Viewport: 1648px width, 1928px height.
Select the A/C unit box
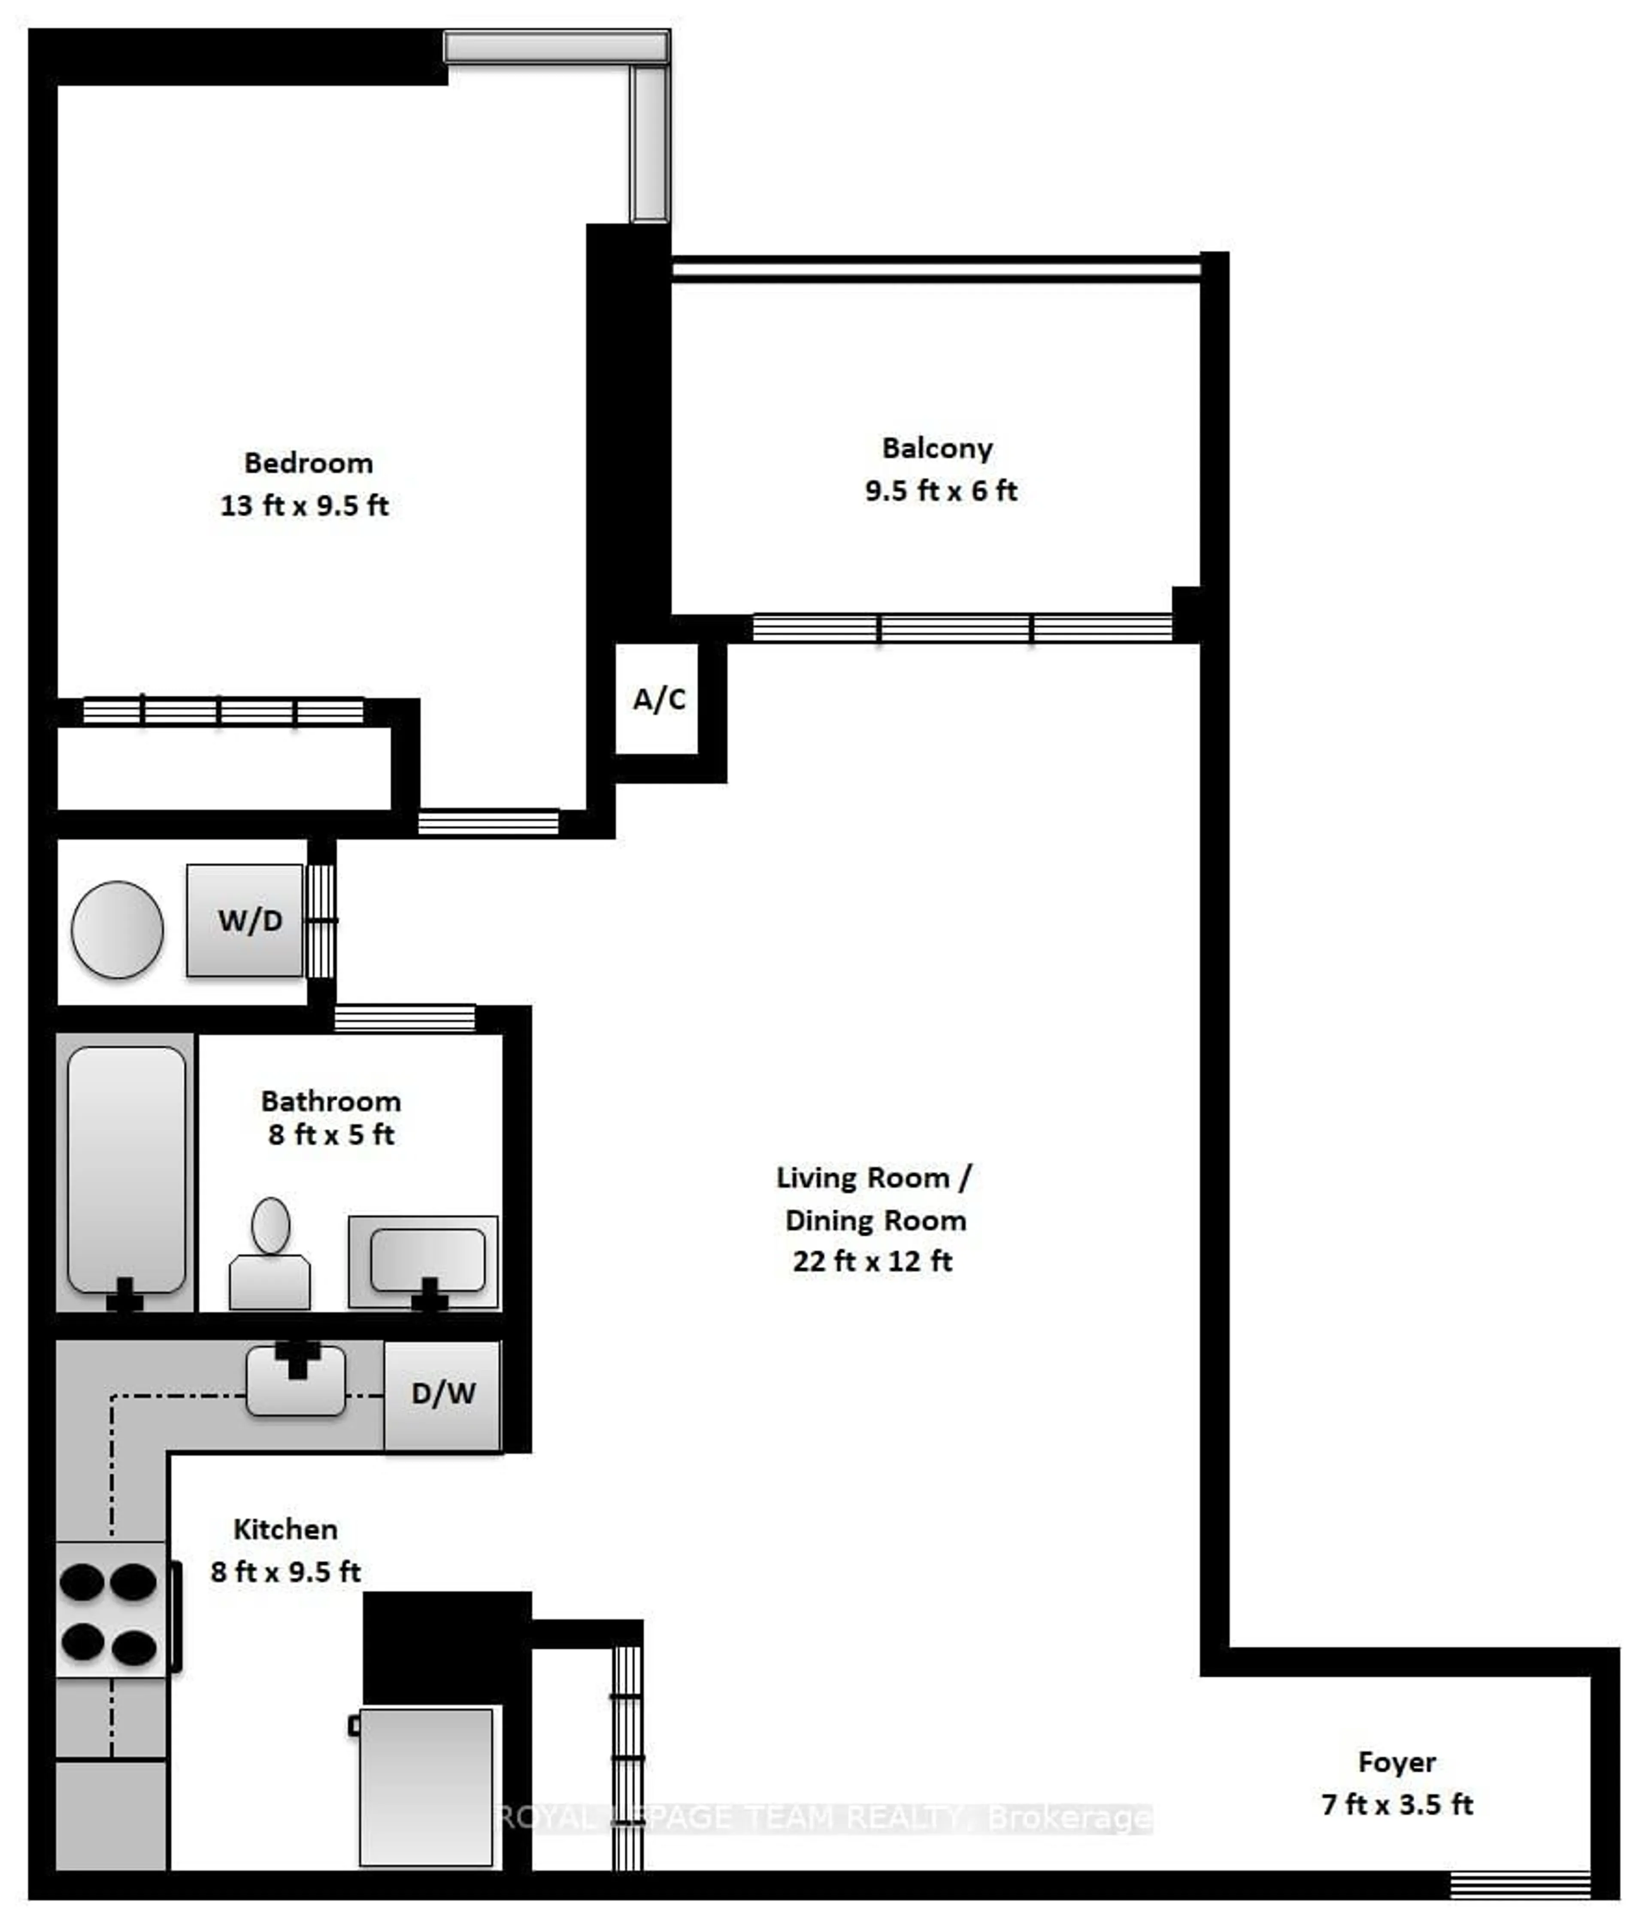[657, 699]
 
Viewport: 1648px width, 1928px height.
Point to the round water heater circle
[117, 930]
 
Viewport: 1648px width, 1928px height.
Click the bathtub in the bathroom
[127, 1171]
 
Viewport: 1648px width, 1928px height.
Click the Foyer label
[1397, 1762]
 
